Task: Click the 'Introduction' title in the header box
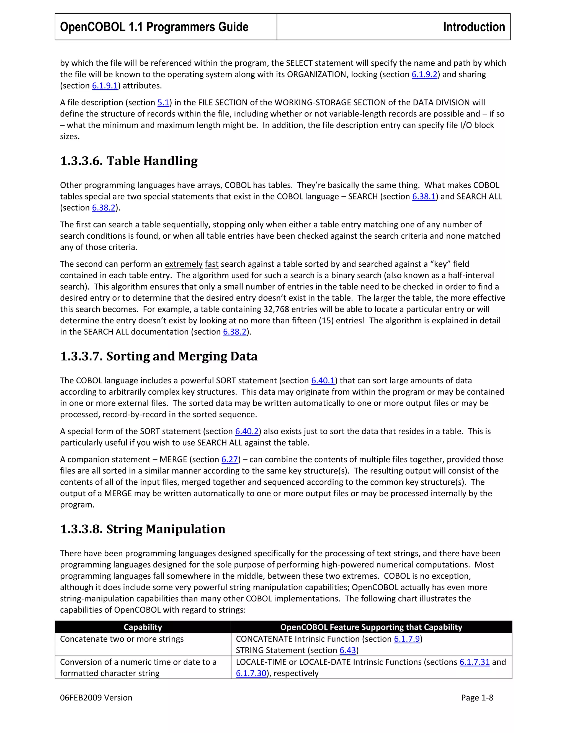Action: pyautogui.click(x=474, y=27)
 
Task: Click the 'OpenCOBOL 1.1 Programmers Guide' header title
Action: pyautogui.click(x=154, y=27)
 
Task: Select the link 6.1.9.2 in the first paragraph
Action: pyautogui.click(x=424, y=74)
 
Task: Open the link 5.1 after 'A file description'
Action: pyautogui.click(x=163, y=103)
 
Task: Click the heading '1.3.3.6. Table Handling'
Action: pyautogui.click(x=129, y=161)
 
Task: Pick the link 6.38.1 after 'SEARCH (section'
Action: pyautogui.click(x=424, y=197)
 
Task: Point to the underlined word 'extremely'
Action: pyautogui.click(x=183, y=264)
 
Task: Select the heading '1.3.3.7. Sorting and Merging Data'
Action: pyautogui.click(x=159, y=356)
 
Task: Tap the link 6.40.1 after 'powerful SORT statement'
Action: pyautogui.click(x=323, y=381)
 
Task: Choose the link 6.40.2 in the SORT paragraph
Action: pyautogui.click(x=247, y=431)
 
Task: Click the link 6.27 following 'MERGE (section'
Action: pyautogui.click(x=230, y=459)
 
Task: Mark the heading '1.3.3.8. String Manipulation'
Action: pyautogui.click(x=142, y=529)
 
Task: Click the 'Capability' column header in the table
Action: pyautogui.click(x=143, y=627)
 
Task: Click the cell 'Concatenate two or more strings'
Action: pyautogui.click(x=122, y=639)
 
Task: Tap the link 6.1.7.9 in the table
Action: pyautogui.click(x=407, y=639)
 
